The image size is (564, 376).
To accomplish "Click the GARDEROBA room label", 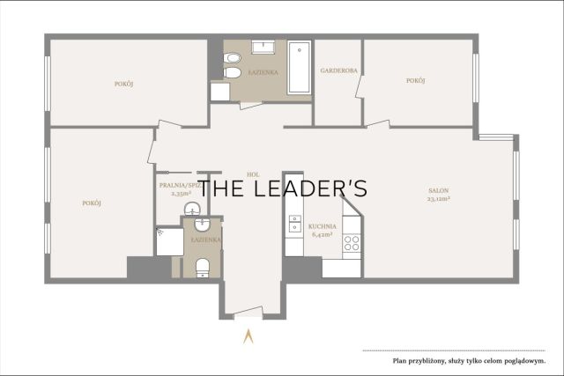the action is click(x=338, y=70).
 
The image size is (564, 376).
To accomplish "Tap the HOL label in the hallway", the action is click(x=253, y=174).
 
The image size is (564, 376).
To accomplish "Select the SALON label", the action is click(x=439, y=190).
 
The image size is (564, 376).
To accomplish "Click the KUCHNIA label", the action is click(x=323, y=226).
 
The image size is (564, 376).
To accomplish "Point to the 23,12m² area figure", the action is click(x=439, y=199).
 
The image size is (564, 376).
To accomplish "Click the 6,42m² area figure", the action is click(x=322, y=235).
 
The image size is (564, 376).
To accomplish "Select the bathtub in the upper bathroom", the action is click(x=299, y=68).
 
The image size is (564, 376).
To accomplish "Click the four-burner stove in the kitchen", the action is click(x=352, y=243).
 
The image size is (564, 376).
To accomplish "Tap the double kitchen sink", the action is click(x=295, y=224).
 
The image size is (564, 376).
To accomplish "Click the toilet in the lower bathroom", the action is click(x=203, y=269).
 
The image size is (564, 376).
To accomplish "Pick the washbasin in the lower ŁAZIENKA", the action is click(x=202, y=225).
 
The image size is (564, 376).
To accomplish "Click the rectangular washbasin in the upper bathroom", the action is click(x=263, y=48).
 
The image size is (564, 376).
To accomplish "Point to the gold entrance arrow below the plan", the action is click(x=249, y=336).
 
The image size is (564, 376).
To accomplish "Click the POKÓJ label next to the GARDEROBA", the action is click(x=415, y=80).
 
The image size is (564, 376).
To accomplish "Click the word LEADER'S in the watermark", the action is click(x=313, y=188).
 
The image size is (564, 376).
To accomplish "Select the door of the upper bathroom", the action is click(x=251, y=105).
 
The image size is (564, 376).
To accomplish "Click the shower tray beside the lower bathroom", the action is click(x=170, y=241).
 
